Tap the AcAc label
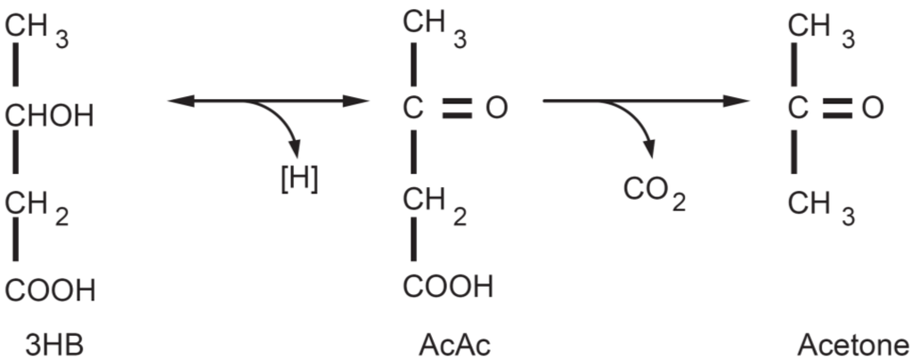pos(453,343)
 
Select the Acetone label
pos(853,343)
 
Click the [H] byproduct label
pos(298,178)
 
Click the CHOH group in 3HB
pos(50,116)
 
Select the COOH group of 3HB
pos(50,291)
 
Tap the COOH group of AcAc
pos(447,287)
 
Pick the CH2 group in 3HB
pos(37,206)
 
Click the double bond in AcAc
pos(456,109)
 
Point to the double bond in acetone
pos(837,109)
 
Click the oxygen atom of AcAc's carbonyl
pos(496,109)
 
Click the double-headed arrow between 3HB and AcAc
pos(267,101)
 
